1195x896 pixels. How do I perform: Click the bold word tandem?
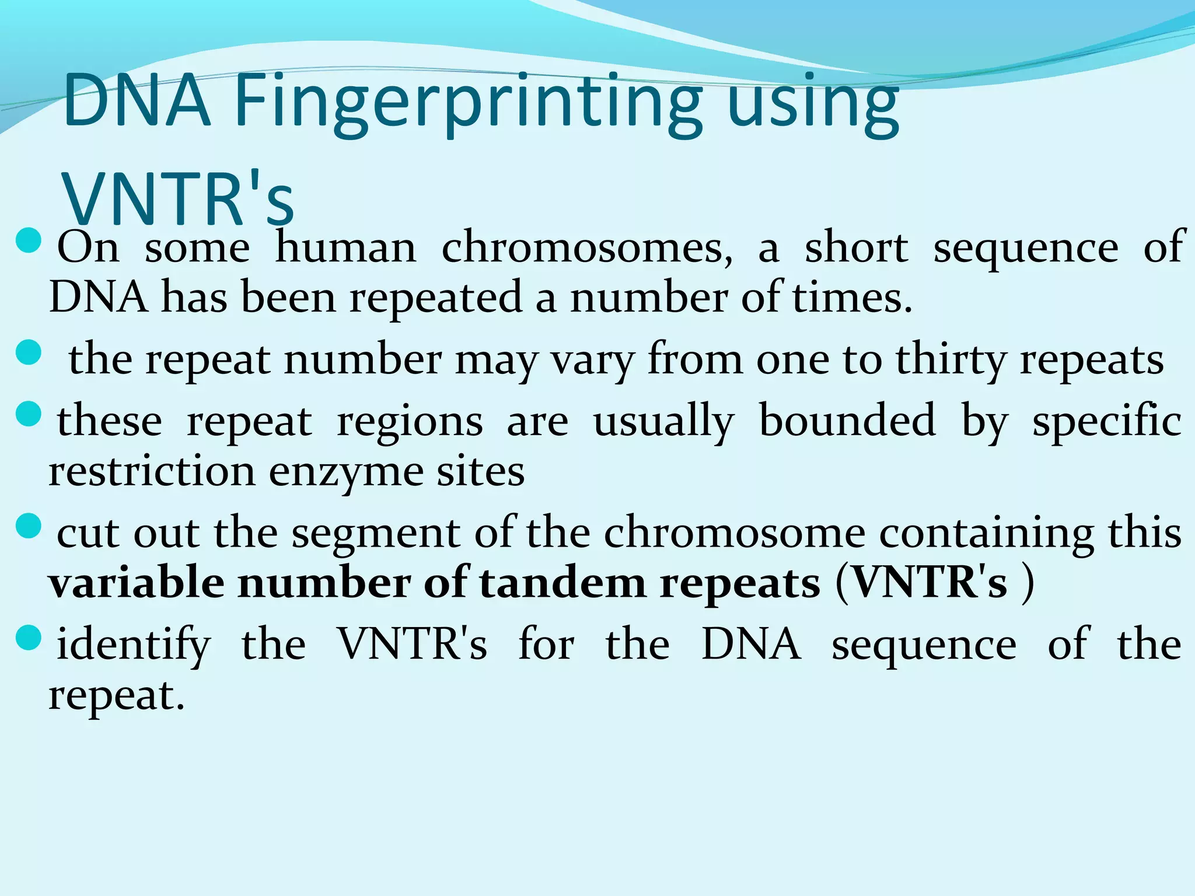562,583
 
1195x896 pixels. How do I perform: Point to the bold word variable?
137,583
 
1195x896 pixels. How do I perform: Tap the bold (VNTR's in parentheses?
922,583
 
